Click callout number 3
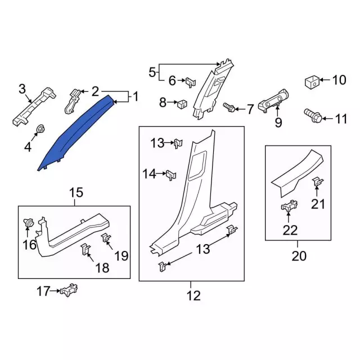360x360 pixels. point(22,88)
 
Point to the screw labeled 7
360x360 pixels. point(229,106)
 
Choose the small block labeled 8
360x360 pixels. point(181,103)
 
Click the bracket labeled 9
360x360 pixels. point(273,102)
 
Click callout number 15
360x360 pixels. point(76,193)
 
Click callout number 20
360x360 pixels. point(299,256)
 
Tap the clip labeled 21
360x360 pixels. point(317,182)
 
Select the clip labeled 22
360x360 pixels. point(289,207)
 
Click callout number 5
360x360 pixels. point(151,72)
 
